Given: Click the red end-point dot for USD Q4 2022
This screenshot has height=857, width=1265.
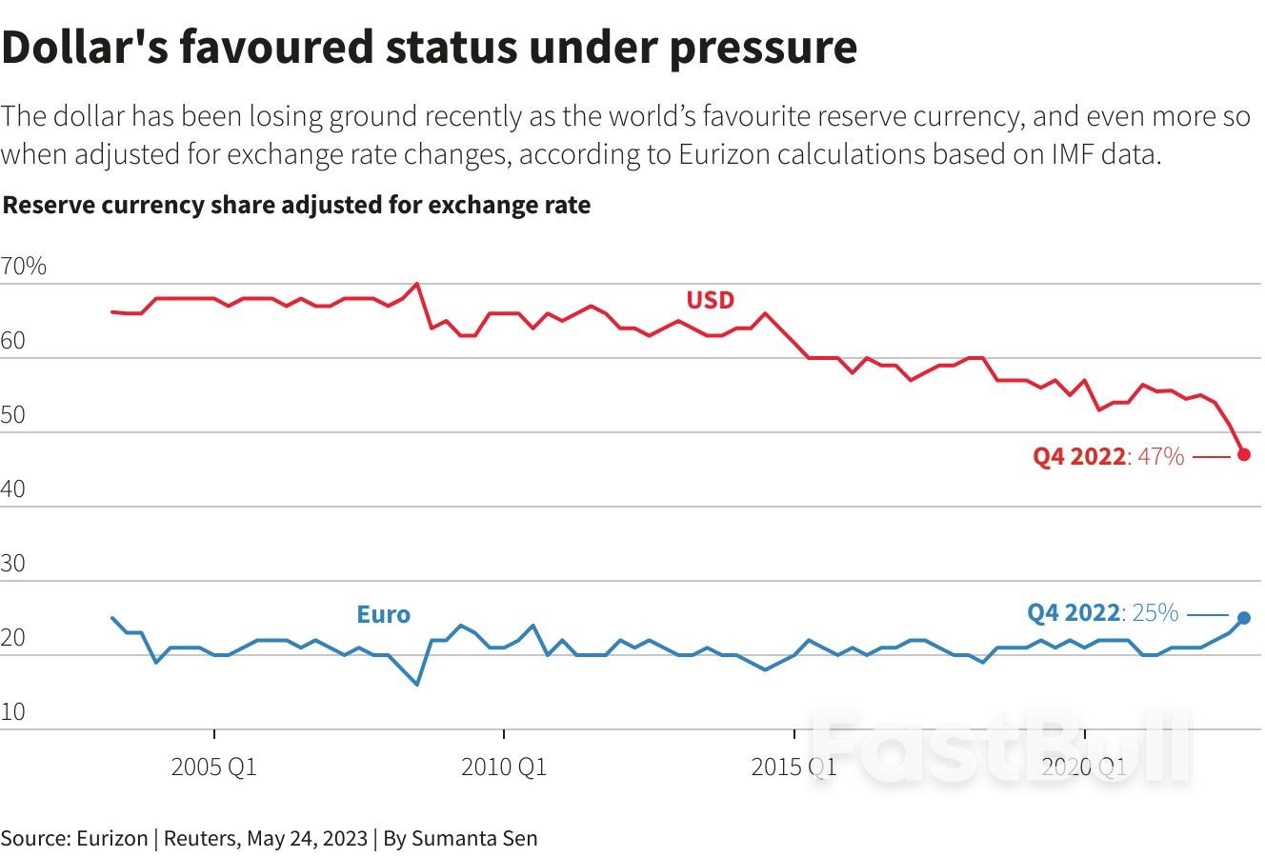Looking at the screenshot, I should (x=1244, y=454).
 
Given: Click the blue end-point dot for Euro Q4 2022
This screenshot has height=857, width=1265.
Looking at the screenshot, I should (x=1244, y=618).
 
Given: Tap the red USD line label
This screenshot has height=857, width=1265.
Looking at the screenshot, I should (x=711, y=301).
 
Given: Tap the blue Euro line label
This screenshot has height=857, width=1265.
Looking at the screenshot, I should (x=383, y=614).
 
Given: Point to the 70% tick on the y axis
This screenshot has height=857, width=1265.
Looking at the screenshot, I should (x=24, y=267).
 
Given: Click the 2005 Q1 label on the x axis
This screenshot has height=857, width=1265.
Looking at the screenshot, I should (x=214, y=767).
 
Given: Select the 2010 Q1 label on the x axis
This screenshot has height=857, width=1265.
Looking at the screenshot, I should (x=504, y=767).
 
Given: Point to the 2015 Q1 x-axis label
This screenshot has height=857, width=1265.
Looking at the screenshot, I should (x=793, y=767).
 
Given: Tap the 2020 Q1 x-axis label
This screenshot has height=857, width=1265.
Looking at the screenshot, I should (x=1083, y=767).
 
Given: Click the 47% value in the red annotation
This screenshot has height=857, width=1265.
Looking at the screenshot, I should (x=1160, y=457).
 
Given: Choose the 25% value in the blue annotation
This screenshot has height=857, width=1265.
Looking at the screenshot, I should (x=1155, y=612).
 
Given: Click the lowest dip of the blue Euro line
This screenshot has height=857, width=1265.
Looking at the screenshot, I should (x=417, y=684).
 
